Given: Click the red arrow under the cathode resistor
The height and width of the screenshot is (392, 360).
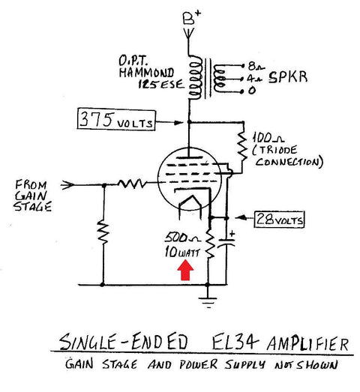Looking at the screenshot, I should (185, 269).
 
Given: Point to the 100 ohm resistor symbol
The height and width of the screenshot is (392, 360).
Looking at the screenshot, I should (241, 145).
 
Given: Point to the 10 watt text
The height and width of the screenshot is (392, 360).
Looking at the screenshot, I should (181, 253).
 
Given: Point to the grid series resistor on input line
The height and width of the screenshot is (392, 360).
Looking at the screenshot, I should (134, 181).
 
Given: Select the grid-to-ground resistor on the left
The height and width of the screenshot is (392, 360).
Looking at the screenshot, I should (100, 235).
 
